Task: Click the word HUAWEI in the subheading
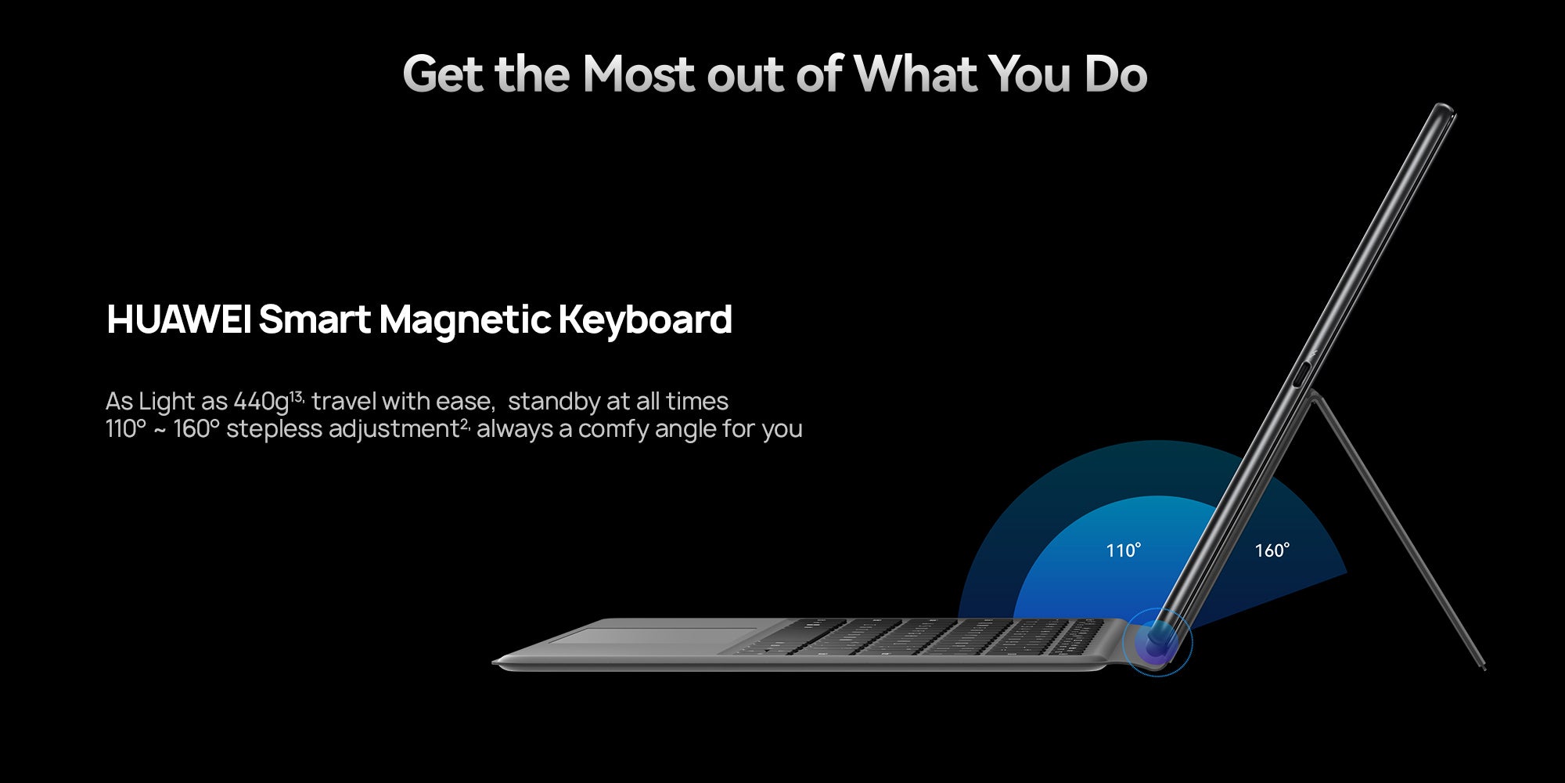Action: pyautogui.click(x=178, y=319)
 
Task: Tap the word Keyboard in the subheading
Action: pyautogui.click(x=645, y=319)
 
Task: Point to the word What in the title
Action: pyautogui.click(x=915, y=74)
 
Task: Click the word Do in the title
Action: pyautogui.click(x=1116, y=74)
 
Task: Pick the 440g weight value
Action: pyautogui.click(x=261, y=402)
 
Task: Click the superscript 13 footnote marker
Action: pyautogui.click(x=297, y=396)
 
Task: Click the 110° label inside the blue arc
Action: pyautogui.click(x=1124, y=550)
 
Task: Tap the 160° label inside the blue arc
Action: pyautogui.click(x=1272, y=550)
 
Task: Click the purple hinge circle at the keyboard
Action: pyautogui.click(x=1157, y=642)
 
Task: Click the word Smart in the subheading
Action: pyautogui.click(x=315, y=319)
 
